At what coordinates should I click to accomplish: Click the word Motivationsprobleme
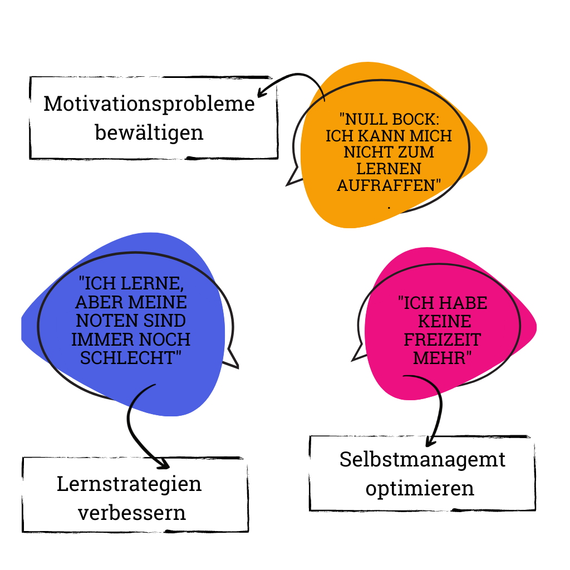(149, 105)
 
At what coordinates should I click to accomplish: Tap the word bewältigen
(149, 132)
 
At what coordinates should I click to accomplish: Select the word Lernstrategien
(129, 485)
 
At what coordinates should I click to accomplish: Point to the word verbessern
(131, 513)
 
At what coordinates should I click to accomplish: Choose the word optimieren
(420, 489)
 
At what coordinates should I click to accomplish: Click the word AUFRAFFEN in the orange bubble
(386, 185)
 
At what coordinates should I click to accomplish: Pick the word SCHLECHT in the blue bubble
(127, 358)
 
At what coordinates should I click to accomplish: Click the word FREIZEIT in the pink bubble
(443, 340)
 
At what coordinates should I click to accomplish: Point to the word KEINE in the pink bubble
(445, 321)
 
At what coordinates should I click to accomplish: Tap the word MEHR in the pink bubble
(440, 358)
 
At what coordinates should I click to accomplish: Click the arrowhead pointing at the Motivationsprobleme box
(261, 92)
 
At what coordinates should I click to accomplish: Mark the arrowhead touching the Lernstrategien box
(163, 463)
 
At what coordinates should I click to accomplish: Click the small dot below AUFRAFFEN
(389, 208)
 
